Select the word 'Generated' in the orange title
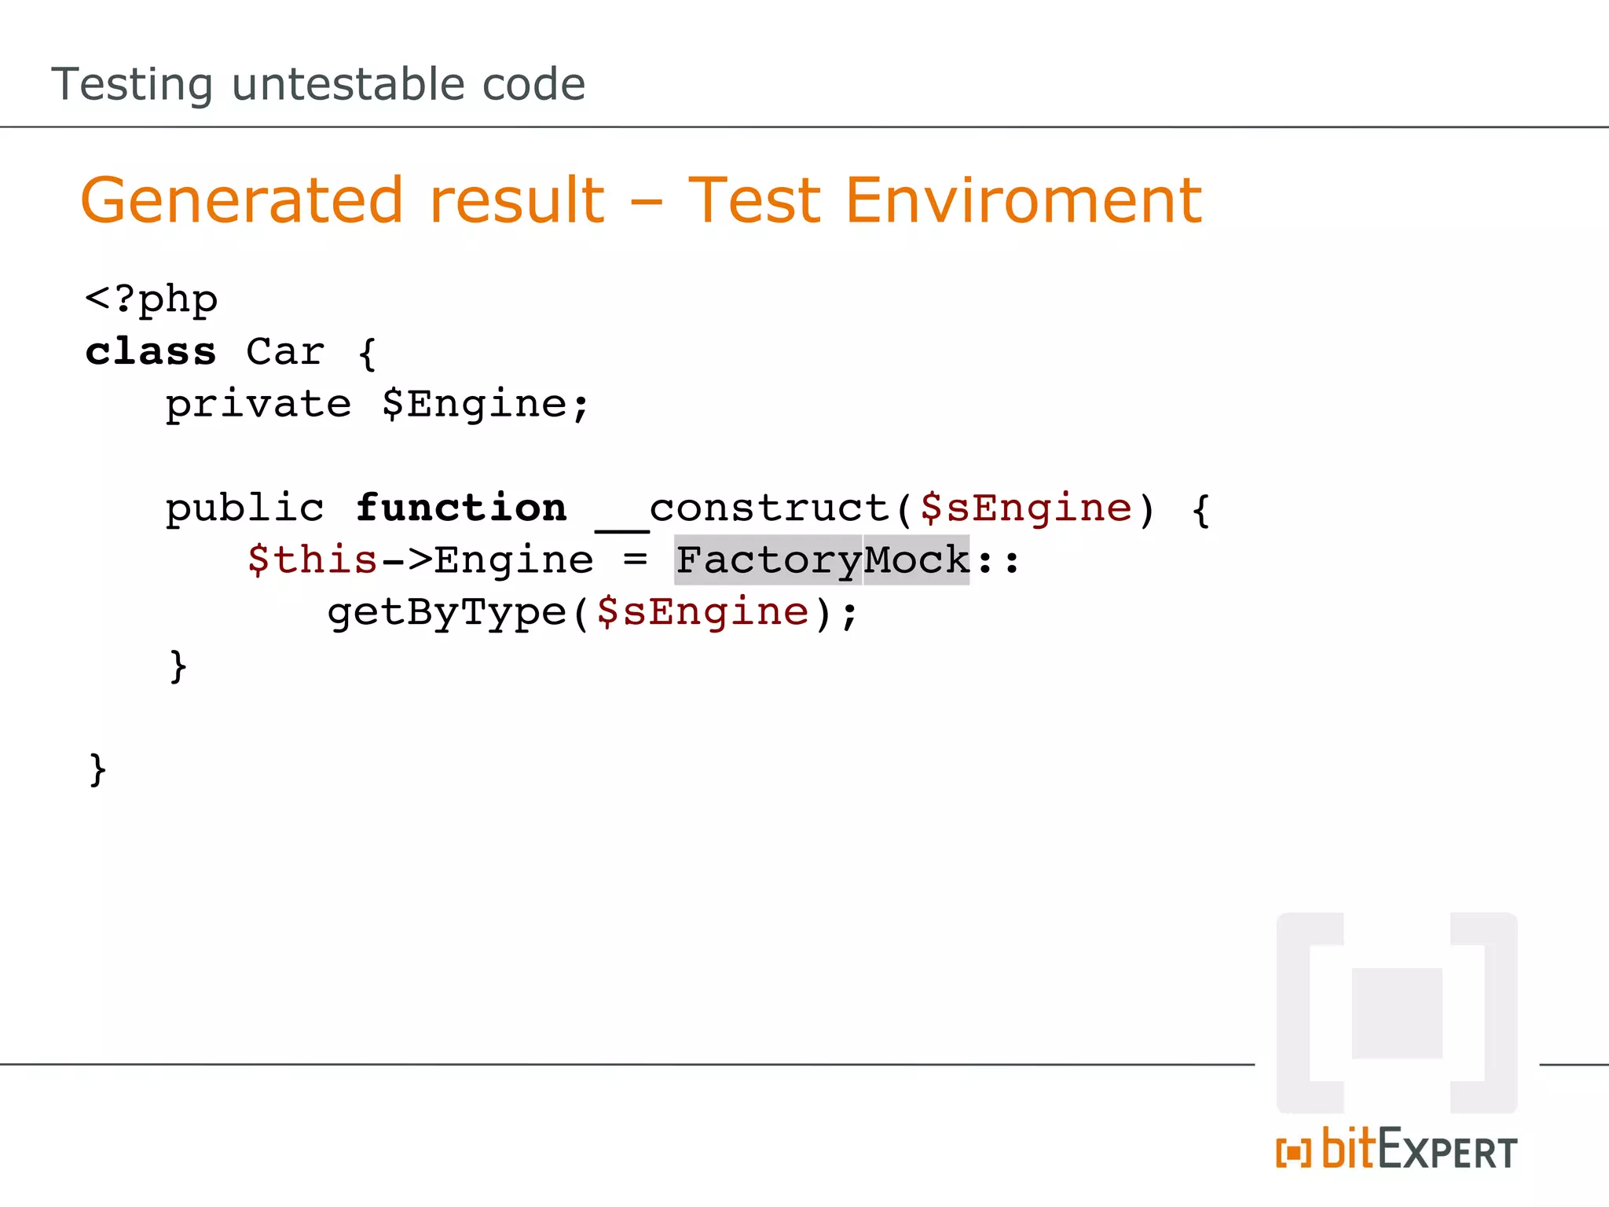tap(242, 200)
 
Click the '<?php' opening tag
tap(151, 299)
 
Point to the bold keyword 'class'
tap(151, 351)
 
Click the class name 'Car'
tap(284, 351)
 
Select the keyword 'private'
tap(258, 404)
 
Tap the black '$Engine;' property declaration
tap(485, 404)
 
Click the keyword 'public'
tap(244, 508)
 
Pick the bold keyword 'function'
tap(461, 508)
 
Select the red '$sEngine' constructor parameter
tap(1025, 508)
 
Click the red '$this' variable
tap(312, 560)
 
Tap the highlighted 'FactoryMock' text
tap(822, 560)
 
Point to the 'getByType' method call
tap(446, 612)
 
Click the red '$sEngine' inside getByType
tap(702, 612)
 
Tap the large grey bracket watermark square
tap(1397, 1013)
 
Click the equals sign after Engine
tap(635, 560)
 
